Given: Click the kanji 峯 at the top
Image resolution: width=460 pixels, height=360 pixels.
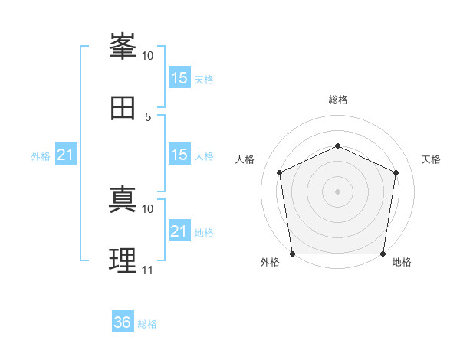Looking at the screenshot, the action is (x=123, y=46).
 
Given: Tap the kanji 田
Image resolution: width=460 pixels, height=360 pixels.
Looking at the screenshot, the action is (x=123, y=108).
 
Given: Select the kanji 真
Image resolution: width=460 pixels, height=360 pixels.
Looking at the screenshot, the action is (x=123, y=199).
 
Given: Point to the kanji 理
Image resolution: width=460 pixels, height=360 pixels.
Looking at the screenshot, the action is (x=123, y=260).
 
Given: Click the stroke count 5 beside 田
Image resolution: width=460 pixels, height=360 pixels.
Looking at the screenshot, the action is (x=148, y=117).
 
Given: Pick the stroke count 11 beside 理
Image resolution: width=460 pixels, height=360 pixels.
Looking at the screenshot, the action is (x=147, y=270).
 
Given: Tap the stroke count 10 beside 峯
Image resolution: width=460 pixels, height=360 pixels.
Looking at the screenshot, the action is (x=147, y=56).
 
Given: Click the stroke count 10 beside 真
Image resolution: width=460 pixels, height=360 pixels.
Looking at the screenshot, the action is (x=147, y=209).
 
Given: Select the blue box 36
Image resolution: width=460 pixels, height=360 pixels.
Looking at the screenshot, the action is (x=123, y=321).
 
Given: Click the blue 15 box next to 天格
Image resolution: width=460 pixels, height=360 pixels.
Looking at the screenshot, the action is (x=179, y=77).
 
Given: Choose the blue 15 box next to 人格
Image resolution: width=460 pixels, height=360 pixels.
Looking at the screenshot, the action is (x=179, y=154).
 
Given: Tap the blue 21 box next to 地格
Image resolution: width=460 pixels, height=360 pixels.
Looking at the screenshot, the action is (x=179, y=230).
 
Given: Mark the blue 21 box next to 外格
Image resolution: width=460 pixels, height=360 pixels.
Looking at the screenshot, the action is (x=66, y=154).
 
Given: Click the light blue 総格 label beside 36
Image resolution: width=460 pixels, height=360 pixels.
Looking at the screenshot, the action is (x=147, y=324).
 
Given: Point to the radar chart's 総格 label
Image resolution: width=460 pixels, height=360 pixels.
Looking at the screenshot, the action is (x=338, y=100).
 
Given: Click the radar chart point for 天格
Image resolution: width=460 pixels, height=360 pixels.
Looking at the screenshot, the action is (x=396, y=172).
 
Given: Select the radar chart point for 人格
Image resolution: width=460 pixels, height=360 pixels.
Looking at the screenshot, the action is (x=280, y=172).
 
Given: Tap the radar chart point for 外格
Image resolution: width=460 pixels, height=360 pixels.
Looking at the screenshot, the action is (x=293, y=254).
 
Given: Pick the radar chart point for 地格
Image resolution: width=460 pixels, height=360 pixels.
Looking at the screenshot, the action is (x=383, y=254).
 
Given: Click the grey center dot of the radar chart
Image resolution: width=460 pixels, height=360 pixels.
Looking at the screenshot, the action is (x=337, y=191).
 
